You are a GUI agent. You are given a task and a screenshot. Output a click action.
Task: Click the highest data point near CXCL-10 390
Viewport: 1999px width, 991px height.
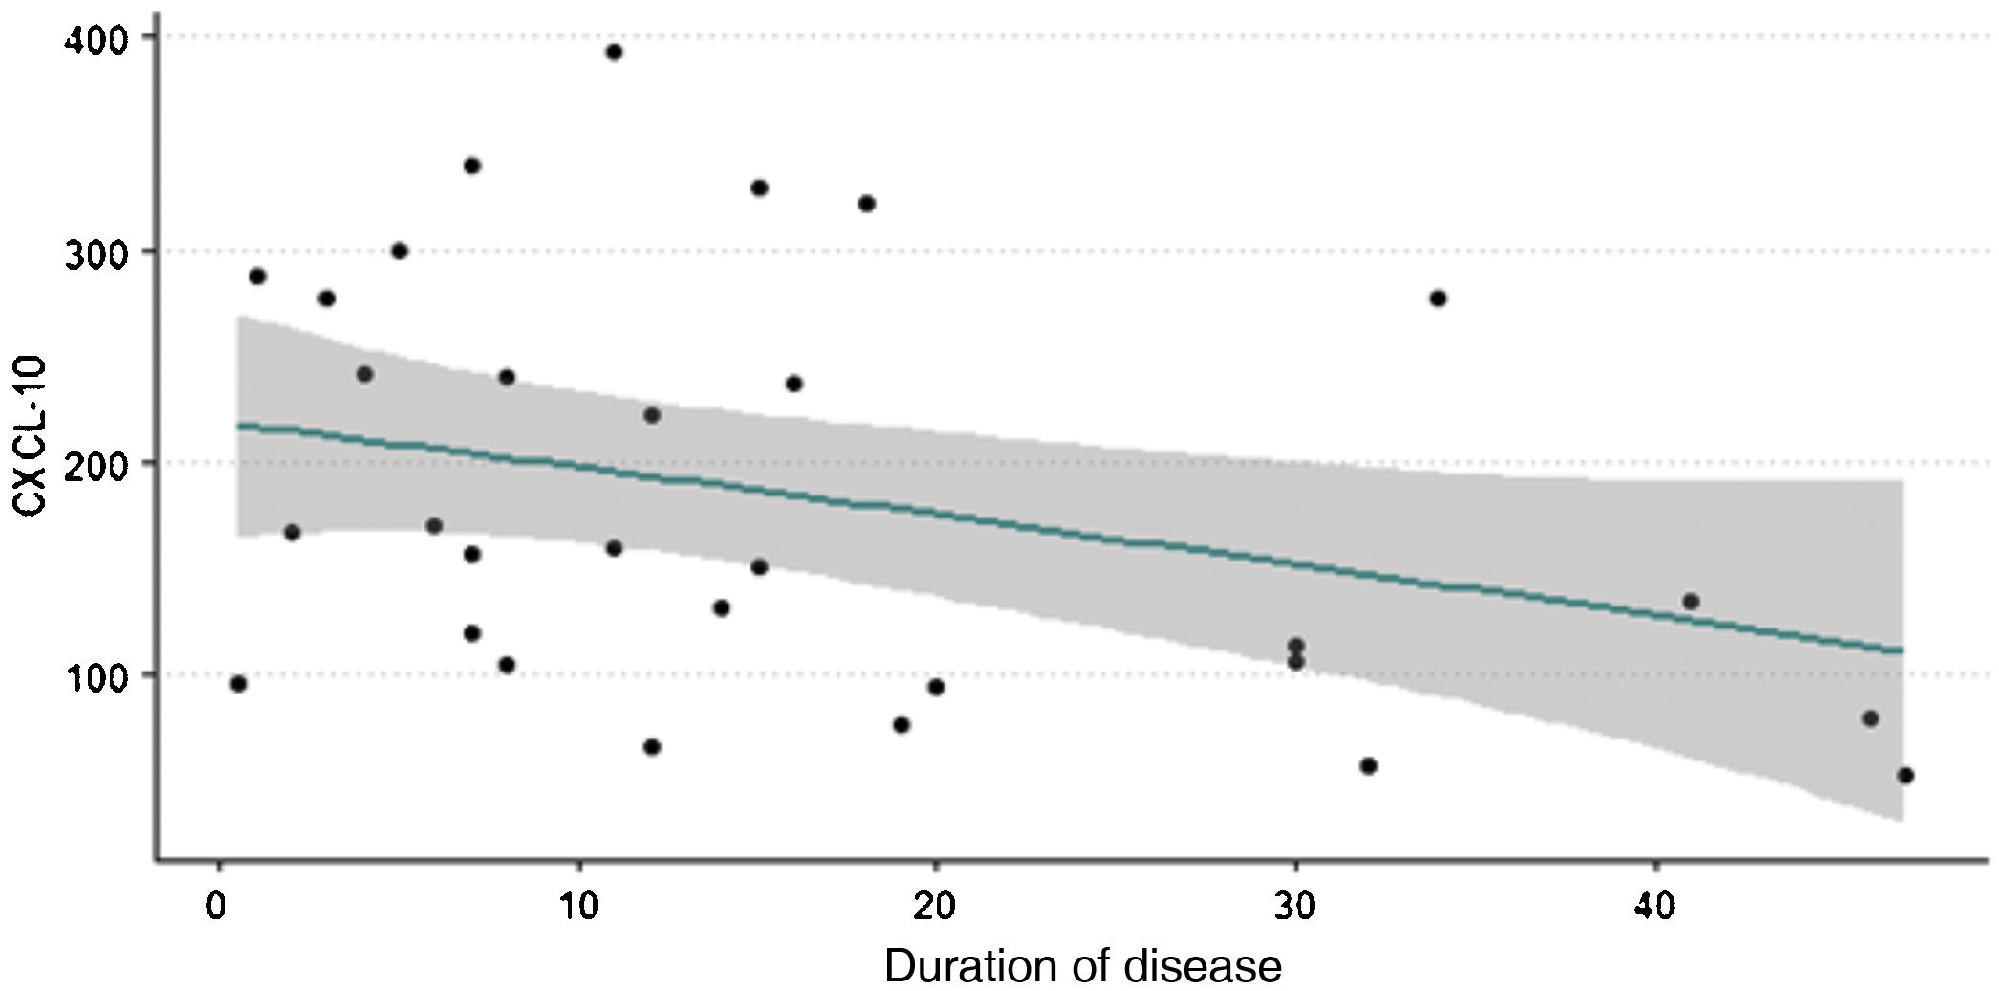(614, 53)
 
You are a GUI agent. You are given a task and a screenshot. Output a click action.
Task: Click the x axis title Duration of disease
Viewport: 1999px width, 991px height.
(1082, 966)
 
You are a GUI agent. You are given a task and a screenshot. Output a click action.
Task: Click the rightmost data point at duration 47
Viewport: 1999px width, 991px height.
(1904, 776)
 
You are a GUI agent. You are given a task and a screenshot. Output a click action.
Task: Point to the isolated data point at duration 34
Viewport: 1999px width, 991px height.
(1438, 298)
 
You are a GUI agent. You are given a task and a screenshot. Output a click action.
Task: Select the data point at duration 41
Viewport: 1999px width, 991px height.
(1690, 602)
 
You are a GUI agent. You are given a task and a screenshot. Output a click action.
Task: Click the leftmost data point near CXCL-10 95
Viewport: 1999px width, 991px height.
(238, 684)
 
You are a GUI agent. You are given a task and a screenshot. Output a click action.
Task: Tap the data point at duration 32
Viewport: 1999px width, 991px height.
(1368, 766)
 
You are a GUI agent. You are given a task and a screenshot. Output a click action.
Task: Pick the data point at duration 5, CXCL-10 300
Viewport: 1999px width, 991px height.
(400, 252)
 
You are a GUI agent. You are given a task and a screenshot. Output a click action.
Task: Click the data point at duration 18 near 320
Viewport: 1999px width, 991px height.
(867, 204)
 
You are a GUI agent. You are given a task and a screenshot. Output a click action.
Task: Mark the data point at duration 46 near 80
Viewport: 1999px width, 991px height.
(1871, 718)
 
